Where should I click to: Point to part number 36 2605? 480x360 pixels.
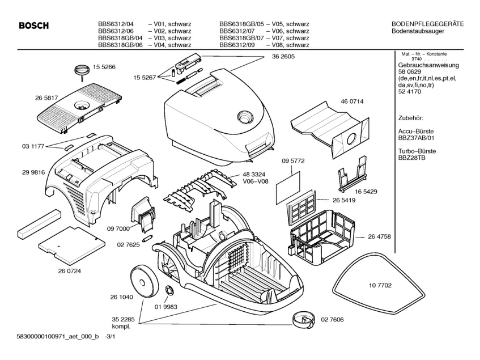[x=283, y=57]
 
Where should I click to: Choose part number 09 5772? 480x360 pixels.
[x=294, y=161]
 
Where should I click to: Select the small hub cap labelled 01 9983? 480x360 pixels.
[x=169, y=291]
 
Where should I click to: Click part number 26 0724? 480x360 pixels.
[x=69, y=271]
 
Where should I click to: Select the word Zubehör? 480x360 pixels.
[x=412, y=119]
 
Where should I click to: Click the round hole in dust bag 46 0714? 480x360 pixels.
[x=352, y=138]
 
